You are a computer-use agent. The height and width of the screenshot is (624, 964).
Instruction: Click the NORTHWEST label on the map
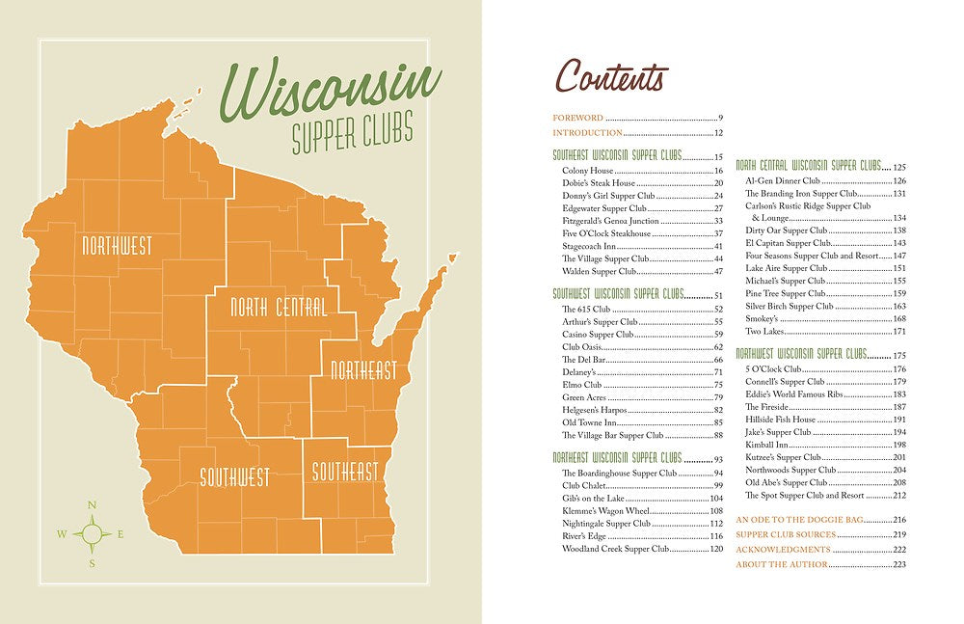pos(117,246)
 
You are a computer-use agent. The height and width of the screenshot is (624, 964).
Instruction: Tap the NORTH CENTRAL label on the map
pos(278,308)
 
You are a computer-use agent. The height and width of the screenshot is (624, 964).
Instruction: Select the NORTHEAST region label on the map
pos(363,370)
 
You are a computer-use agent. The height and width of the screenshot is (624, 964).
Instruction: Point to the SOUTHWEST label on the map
pos(234,476)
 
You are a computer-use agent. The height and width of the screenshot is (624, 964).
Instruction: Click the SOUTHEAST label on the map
pos(344,472)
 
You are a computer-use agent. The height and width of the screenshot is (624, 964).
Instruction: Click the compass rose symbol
pos(92,533)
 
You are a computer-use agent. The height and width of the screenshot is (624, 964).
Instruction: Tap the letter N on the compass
pos(92,505)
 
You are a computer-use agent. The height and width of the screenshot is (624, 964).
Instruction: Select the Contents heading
pos(611,77)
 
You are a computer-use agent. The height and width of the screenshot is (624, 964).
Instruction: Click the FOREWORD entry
pos(577,118)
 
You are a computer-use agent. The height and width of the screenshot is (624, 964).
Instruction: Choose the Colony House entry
pos(588,171)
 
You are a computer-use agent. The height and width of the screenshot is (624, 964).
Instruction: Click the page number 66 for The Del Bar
pos(718,360)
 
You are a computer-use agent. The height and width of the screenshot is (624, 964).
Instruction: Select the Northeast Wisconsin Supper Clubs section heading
pos(617,457)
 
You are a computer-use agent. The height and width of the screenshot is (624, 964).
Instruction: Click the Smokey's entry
pos(763,318)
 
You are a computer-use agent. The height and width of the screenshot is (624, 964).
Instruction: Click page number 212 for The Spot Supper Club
pos(899,495)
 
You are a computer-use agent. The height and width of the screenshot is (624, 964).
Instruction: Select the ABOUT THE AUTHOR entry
pos(782,564)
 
